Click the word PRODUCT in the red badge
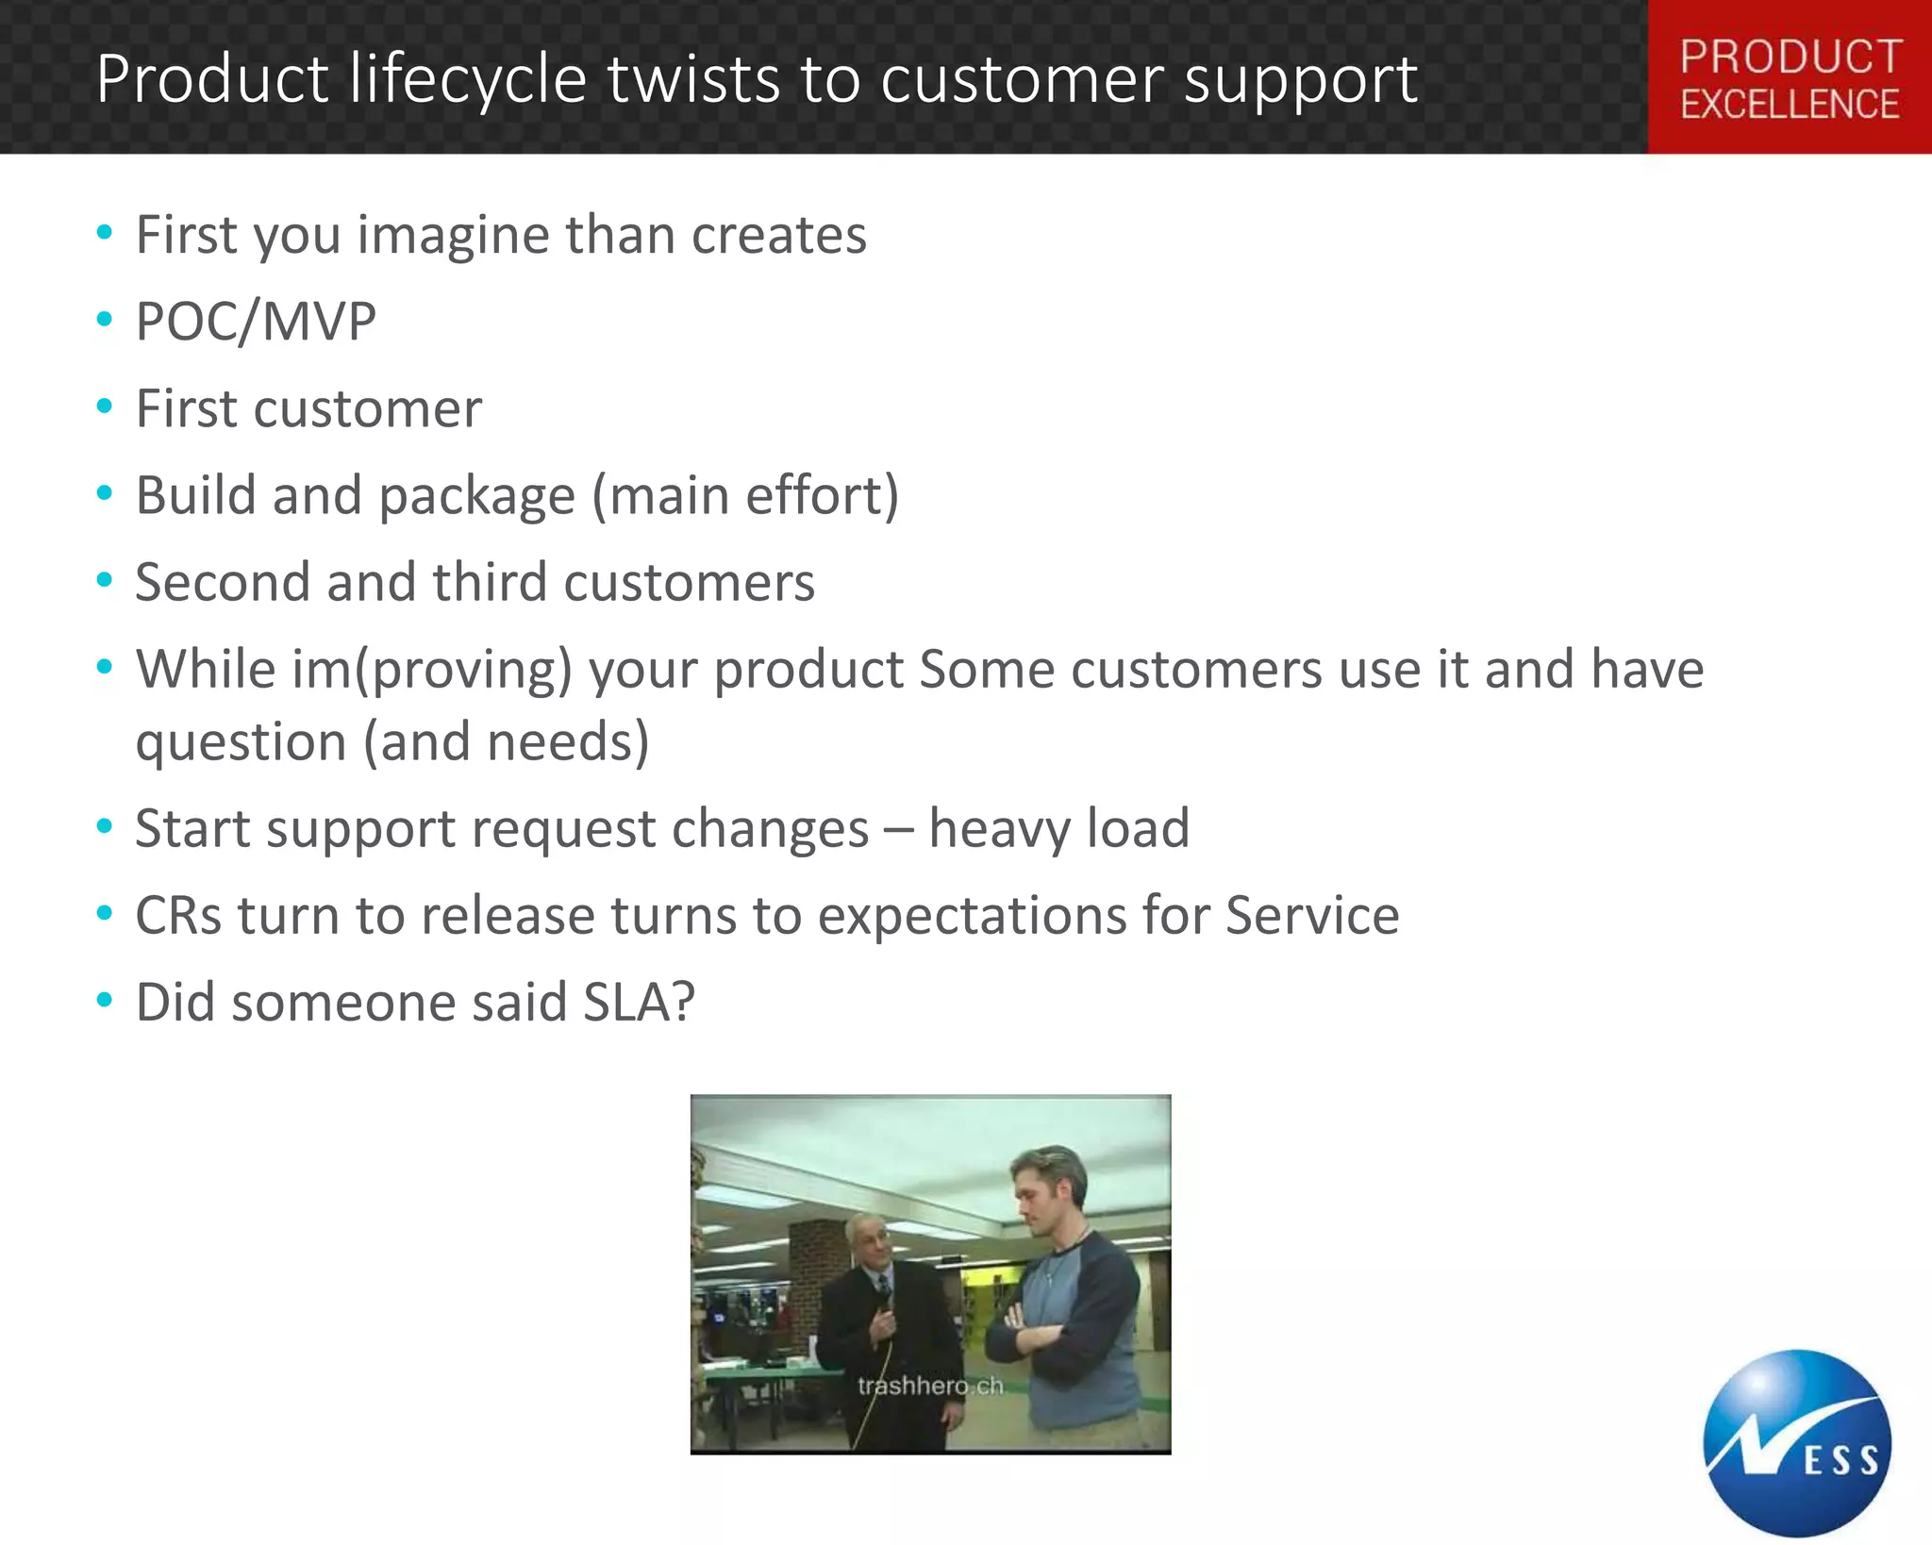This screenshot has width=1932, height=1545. click(1790, 57)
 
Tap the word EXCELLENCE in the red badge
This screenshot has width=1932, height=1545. click(1790, 105)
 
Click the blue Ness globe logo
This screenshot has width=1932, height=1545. click(1796, 1443)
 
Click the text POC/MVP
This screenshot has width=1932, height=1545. click(256, 322)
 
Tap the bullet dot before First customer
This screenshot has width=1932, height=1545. click(105, 407)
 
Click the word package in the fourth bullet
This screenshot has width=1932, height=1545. click(477, 497)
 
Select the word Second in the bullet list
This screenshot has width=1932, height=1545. click(223, 582)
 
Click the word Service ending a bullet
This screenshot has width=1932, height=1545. click(1312, 915)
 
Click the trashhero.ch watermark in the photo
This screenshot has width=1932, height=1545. click(930, 1386)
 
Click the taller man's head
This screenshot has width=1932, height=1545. click(1049, 1188)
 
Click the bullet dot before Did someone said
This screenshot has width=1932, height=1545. click(105, 1000)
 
